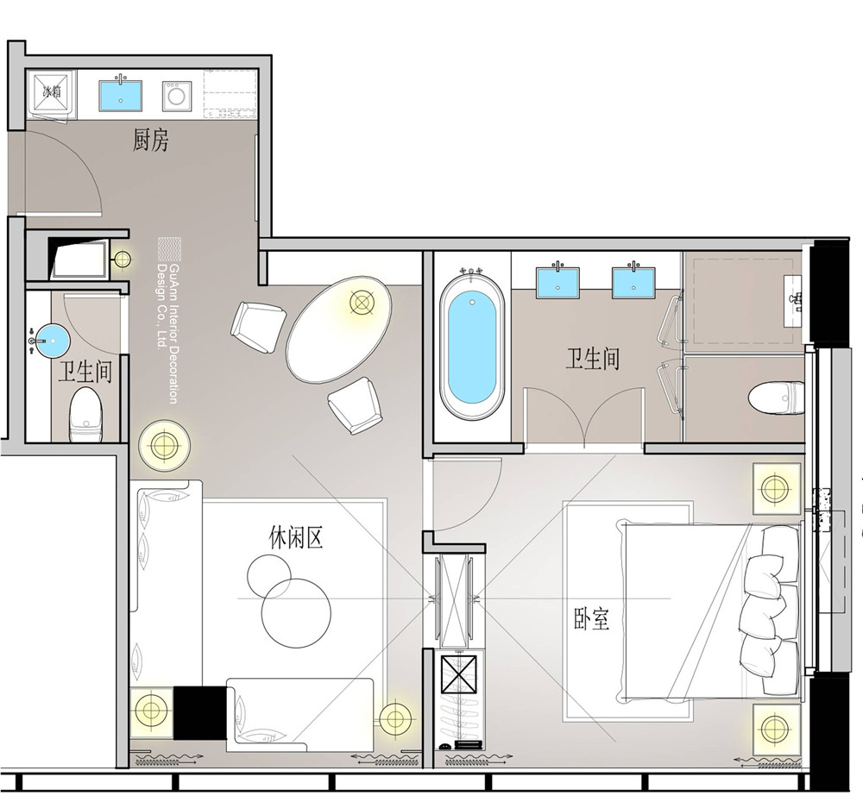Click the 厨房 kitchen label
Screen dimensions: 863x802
(x=150, y=141)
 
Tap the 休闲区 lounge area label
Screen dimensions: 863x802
(x=295, y=537)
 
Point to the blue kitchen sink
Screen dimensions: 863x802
(x=121, y=96)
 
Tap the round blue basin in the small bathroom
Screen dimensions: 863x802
(x=53, y=341)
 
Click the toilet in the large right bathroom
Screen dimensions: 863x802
(x=776, y=398)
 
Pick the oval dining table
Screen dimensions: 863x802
(x=339, y=329)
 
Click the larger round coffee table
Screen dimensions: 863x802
(x=296, y=613)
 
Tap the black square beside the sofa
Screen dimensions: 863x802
(x=200, y=713)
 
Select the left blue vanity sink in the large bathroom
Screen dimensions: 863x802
(x=557, y=283)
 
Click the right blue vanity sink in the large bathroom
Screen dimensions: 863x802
(x=633, y=283)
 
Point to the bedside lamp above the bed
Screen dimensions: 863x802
(x=776, y=488)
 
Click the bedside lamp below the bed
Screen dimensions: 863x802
(x=776, y=730)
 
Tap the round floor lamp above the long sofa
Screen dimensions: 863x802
(x=164, y=444)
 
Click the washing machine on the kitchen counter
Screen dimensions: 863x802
(x=177, y=96)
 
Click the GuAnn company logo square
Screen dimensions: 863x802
(x=169, y=248)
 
